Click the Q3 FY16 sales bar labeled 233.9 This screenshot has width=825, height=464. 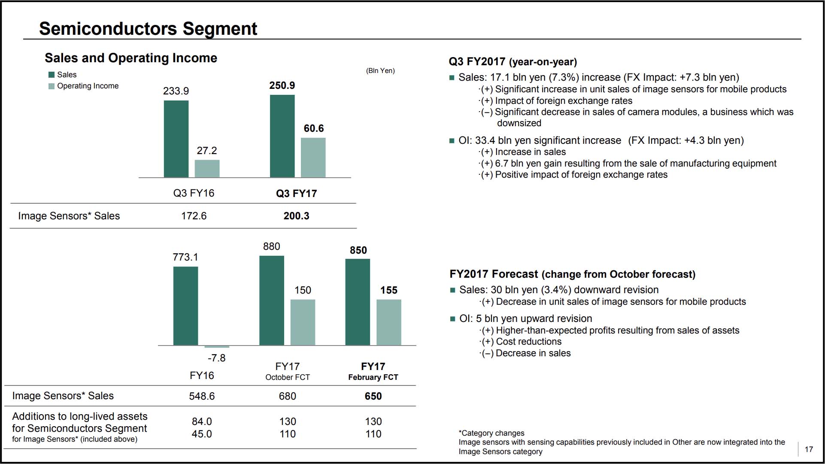coord(176,139)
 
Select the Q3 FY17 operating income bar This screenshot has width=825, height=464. coord(313,157)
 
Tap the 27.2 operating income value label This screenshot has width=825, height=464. coord(207,151)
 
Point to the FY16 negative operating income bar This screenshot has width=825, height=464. coord(217,346)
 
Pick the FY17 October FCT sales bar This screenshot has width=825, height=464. coord(272,300)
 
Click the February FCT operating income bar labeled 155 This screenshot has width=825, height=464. coord(389,322)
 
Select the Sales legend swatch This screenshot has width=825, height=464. coord(52,75)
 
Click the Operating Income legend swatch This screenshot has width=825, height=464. coord(52,86)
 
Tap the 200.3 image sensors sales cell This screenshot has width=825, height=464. coord(296,216)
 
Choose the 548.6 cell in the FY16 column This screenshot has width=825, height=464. coord(202,396)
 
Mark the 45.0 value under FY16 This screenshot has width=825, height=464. coord(202,434)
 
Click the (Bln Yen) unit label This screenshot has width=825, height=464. coord(380,71)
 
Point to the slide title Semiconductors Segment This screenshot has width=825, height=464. coord(148,29)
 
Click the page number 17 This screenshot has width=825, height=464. coord(809,449)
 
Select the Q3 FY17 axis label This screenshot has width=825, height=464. coord(296,194)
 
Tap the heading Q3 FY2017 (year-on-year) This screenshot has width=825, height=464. coord(513,62)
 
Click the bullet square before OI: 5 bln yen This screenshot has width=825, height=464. coord(452,319)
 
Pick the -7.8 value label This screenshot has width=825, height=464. coord(216,358)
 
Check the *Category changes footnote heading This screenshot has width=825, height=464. coord(491,433)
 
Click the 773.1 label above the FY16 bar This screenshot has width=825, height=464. coord(185,257)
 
